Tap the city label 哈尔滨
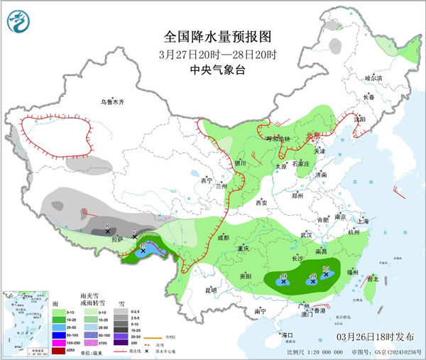(x=373, y=77)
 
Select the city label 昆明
(x=210, y=290)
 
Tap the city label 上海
(x=363, y=221)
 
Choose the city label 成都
(x=223, y=238)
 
